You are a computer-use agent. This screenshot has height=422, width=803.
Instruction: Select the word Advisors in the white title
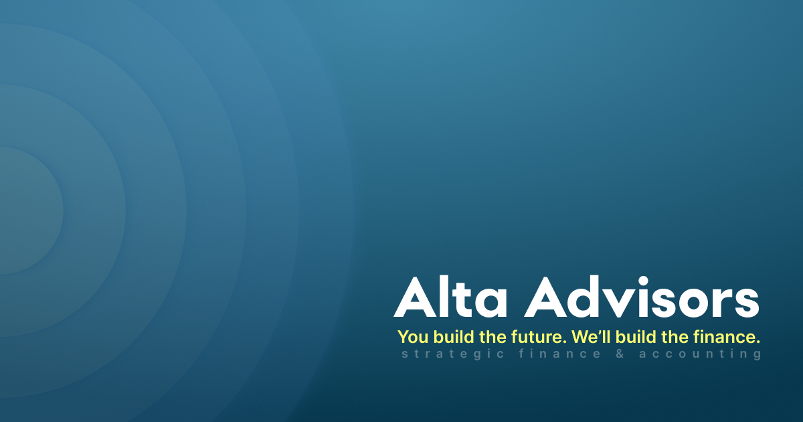[641, 297]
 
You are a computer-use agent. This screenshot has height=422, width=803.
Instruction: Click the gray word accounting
[700, 354]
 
